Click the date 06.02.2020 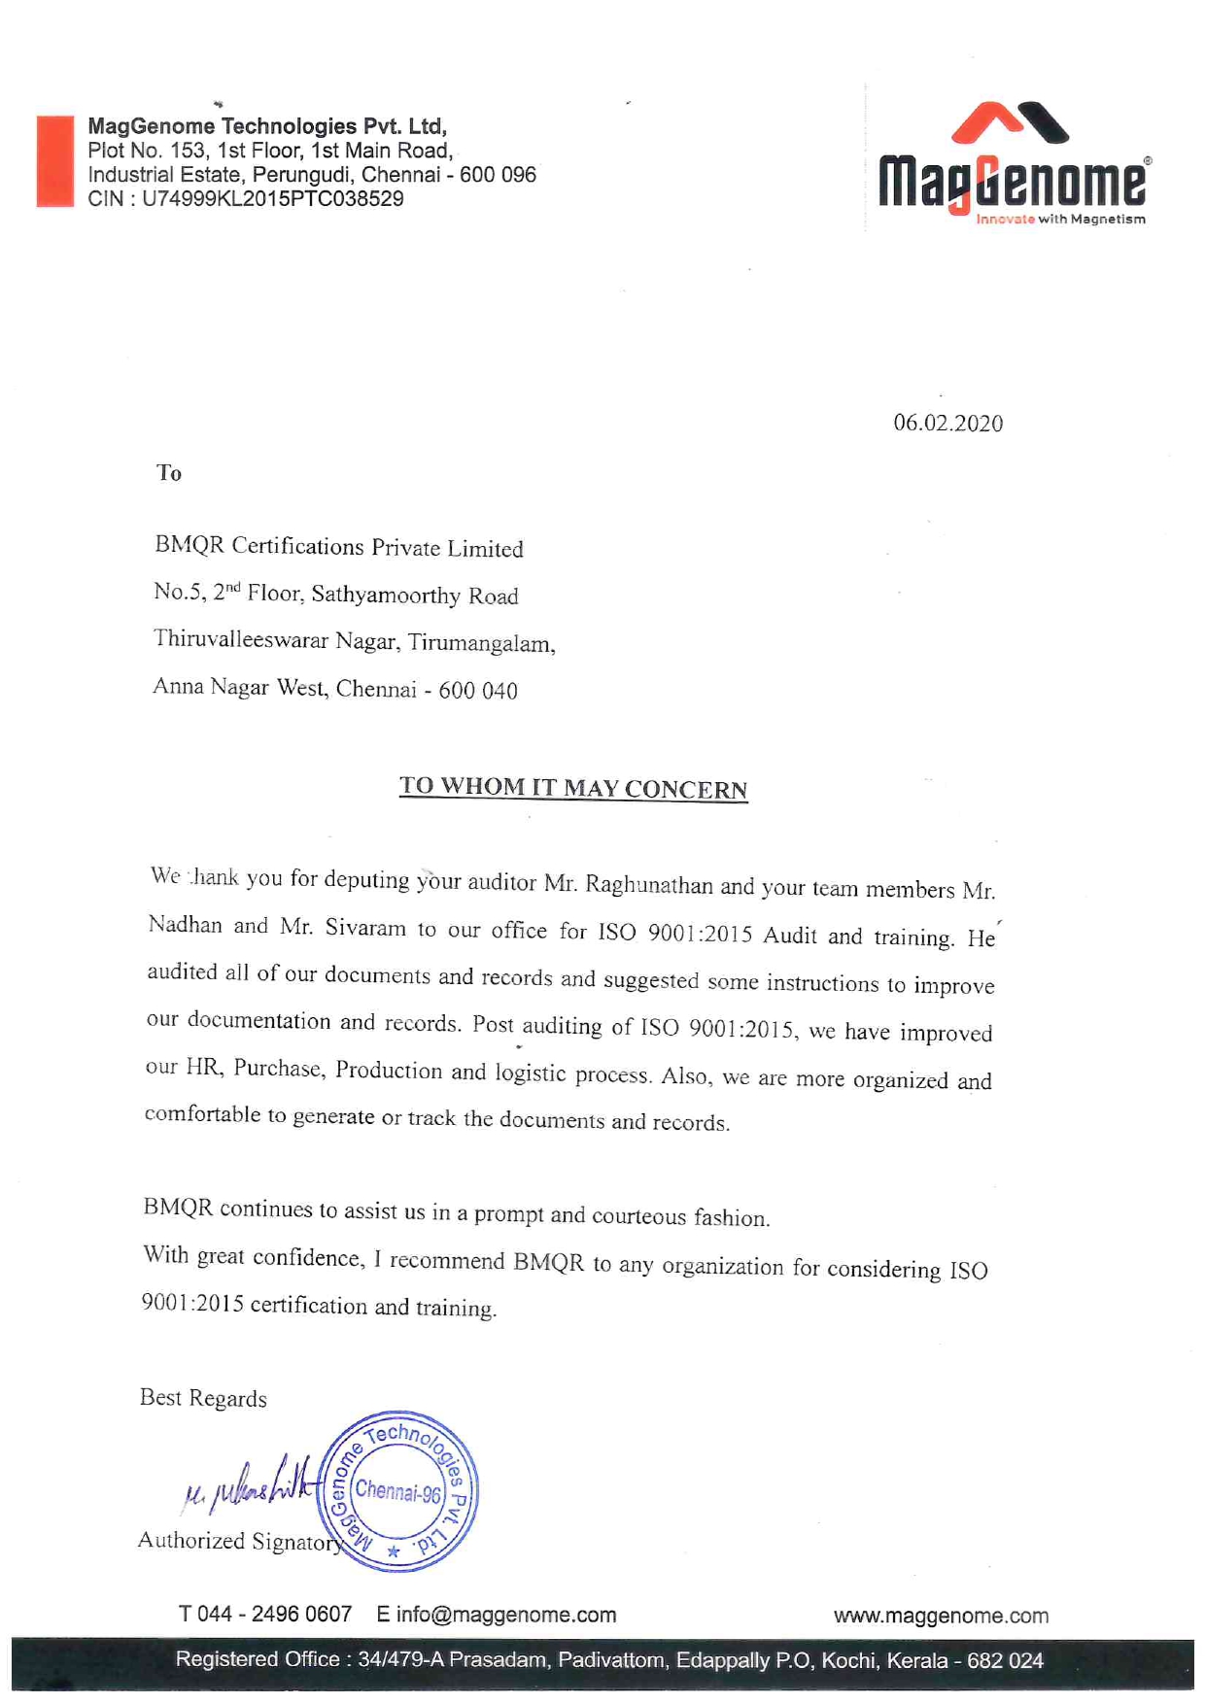click(x=947, y=424)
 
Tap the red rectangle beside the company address click(x=55, y=161)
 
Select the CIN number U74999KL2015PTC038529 click(x=272, y=199)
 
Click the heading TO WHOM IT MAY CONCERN click(x=573, y=788)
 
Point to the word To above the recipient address click(x=169, y=473)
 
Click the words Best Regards click(x=203, y=1398)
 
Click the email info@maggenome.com click(x=506, y=1615)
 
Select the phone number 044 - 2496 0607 click(x=275, y=1615)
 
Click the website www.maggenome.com click(x=941, y=1616)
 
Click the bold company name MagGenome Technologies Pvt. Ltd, click(x=267, y=126)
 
